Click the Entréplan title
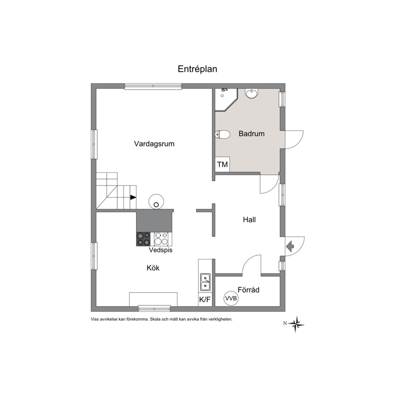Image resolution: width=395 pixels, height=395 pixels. [197, 69]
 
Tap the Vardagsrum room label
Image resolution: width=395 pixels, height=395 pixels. [154, 144]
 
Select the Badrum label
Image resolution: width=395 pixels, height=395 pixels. [251, 133]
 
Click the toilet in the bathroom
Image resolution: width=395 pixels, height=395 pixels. [223, 135]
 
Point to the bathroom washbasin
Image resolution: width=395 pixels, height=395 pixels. [251, 94]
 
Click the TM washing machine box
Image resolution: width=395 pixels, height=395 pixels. [222, 164]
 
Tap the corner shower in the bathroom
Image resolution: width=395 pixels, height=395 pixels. [226, 99]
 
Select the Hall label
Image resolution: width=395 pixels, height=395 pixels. [249, 220]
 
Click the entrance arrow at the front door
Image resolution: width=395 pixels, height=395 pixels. [290, 246]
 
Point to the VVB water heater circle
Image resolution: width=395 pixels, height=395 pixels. [231, 299]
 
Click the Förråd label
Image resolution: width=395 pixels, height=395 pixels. [248, 290]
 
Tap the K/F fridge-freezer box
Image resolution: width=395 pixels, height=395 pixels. [205, 299]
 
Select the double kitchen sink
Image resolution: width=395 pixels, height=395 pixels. [206, 282]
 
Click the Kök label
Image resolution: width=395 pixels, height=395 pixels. [153, 268]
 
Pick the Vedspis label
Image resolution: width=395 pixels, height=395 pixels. [160, 250]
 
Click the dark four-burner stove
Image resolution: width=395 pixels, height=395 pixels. [143, 239]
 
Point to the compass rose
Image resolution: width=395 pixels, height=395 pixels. [296, 324]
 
